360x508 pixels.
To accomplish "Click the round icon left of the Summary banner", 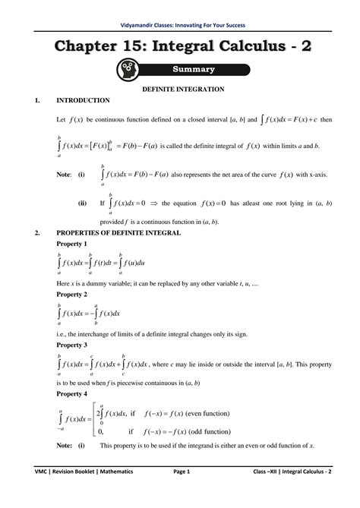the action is tap(127, 70).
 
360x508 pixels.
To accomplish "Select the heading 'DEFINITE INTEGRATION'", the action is tap(179, 90).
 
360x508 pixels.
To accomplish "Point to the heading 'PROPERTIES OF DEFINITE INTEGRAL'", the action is tap(119, 233).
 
